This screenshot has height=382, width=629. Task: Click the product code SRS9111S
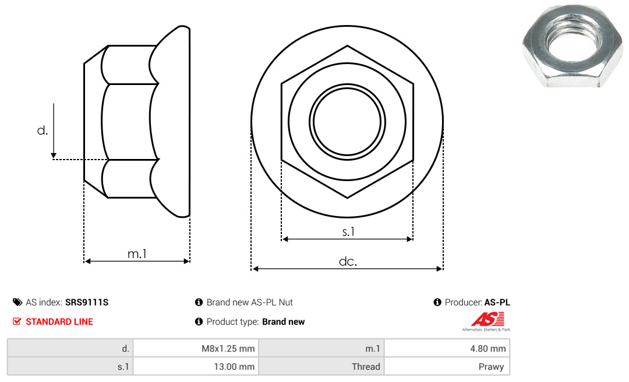pyautogui.click(x=87, y=302)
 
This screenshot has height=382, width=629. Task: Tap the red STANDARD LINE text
pyautogui.click(x=59, y=321)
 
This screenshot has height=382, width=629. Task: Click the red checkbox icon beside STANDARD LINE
pyautogui.click(x=17, y=321)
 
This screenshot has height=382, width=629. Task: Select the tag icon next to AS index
pyautogui.click(x=17, y=302)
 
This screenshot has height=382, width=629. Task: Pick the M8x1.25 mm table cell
pyautogui.click(x=196, y=348)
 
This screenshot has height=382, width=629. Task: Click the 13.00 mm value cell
pyautogui.click(x=196, y=366)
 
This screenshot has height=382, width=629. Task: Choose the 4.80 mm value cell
pyautogui.click(x=447, y=348)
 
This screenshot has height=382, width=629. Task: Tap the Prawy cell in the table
pyautogui.click(x=447, y=366)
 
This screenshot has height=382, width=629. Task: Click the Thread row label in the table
pyautogui.click(x=321, y=366)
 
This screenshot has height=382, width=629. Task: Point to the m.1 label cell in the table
pyautogui.click(x=321, y=348)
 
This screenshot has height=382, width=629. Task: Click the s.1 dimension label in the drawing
pyautogui.click(x=348, y=232)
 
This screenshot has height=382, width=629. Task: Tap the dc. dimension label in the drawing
pyautogui.click(x=348, y=261)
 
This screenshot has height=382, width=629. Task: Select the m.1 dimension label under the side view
pyautogui.click(x=137, y=253)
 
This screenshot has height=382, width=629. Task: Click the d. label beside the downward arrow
pyautogui.click(x=42, y=130)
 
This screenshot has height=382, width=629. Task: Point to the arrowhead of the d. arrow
pyautogui.click(x=54, y=155)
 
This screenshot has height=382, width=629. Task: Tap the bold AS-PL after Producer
pyautogui.click(x=497, y=302)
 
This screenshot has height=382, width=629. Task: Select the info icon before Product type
pyautogui.click(x=199, y=321)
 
